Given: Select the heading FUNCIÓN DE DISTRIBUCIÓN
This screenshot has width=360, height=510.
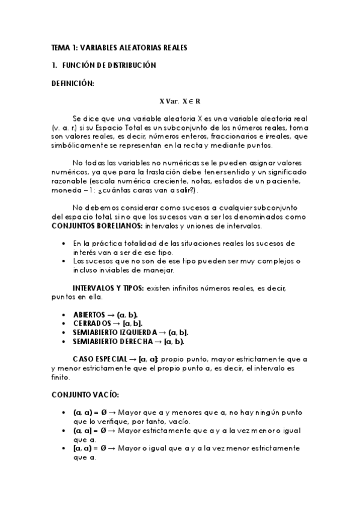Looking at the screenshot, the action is [109, 65].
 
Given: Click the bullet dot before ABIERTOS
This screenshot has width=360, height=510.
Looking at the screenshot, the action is [64, 315].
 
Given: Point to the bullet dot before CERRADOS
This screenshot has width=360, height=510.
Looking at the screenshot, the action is [64, 324].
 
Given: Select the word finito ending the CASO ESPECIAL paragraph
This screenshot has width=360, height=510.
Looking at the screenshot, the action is [61, 377].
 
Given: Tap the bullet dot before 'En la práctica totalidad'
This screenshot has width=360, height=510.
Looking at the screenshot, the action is [64, 244].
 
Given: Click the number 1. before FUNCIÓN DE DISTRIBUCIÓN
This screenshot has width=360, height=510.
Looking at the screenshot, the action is [54, 65].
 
